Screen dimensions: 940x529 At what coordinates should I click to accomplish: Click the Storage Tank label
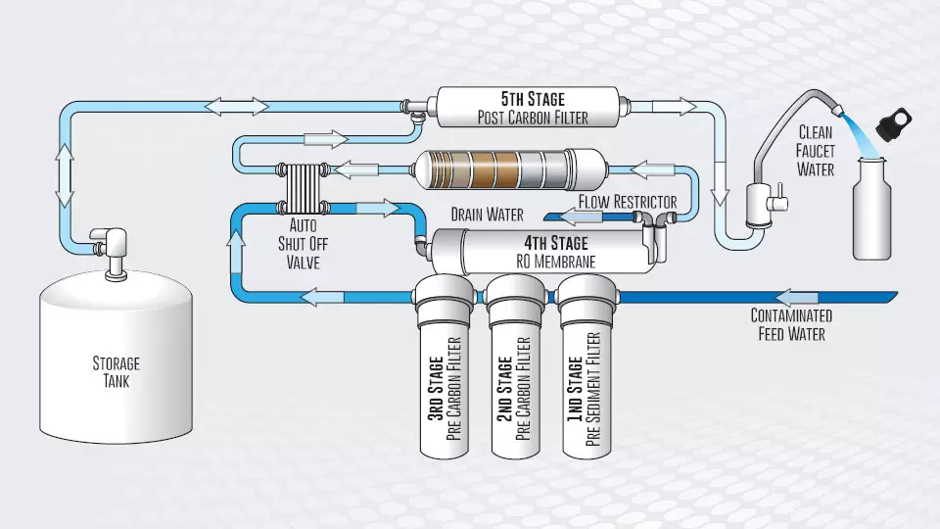pyautogui.click(x=117, y=372)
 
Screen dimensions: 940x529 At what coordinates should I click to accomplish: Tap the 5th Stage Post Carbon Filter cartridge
pyautogui.click(x=528, y=107)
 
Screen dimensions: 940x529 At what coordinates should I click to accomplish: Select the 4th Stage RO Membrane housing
pyautogui.click(x=542, y=251)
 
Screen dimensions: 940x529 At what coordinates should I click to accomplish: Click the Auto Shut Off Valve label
pyautogui.click(x=303, y=244)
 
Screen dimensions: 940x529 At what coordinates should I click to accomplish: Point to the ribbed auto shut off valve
pyautogui.click(x=303, y=188)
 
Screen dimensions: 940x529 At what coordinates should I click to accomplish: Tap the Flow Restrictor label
pyautogui.click(x=627, y=202)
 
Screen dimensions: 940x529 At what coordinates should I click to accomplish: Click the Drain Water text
pyautogui.click(x=487, y=215)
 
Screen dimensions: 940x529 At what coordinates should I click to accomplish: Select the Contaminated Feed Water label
pyautogui.click(x=791, y=324)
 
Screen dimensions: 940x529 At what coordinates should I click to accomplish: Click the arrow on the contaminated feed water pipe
pyautogui.click(x=797, y=297)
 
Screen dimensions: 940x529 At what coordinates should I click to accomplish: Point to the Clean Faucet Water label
pyautogui.click(x=816, y=151)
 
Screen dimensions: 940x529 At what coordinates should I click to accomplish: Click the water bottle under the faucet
pyautogui.click(x=871, y=208)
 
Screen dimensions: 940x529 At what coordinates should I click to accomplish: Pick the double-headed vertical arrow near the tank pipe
pyautogui.click(x=65, y=175)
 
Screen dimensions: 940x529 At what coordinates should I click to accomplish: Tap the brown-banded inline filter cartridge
pyautogui.click(x=509, y=169)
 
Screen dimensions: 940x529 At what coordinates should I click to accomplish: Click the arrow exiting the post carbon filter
pyautogui.click(x=674, y=107)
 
